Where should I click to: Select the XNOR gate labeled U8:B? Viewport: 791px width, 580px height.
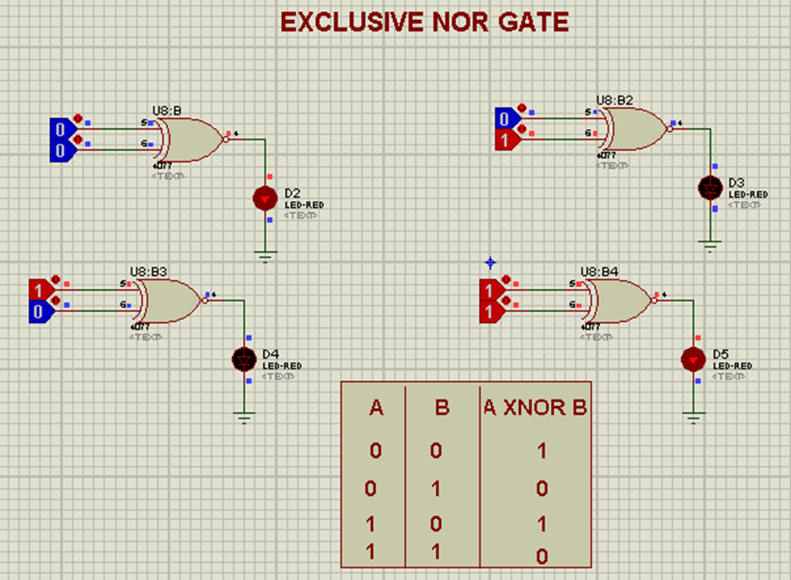click(190, 139)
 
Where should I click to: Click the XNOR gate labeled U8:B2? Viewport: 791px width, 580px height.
click(634, 128)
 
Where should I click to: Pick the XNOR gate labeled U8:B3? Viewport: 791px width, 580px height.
click(168, 300)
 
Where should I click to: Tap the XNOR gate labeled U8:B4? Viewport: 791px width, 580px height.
click(618, 300)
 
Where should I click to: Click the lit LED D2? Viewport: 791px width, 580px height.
click(265, 198)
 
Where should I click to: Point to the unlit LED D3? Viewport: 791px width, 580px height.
click(709, 187)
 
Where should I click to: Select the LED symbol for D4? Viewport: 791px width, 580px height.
click(244, 359)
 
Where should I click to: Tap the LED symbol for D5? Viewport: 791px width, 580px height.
click(693, 359)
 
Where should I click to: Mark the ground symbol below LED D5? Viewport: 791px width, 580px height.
click(694, 418)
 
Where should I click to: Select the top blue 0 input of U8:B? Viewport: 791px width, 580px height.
click(60, 127)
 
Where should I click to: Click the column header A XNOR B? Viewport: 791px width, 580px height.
click(535, 408)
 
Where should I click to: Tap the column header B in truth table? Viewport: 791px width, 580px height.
click(442, 408)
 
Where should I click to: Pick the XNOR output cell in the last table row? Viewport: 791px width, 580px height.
click(542, 555)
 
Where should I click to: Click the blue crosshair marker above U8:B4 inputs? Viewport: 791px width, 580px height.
click(490, 263)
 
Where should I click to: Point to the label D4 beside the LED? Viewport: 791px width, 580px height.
click(271, 354)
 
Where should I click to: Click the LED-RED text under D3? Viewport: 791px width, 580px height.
click(748, 195)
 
